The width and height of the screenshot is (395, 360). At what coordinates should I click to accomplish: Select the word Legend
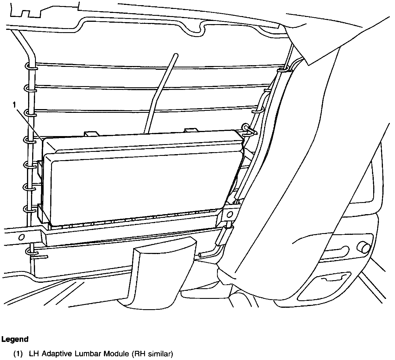click(x=15, y=339)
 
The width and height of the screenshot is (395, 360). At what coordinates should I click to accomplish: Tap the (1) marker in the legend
click(x=18, y=354)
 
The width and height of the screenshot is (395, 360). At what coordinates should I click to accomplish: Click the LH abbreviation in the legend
click(x=34, y=354)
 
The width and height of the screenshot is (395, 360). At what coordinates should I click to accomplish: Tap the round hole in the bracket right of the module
click(x=229, y=214)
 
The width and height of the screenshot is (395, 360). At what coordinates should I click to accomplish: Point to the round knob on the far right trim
click(x=363, y=247)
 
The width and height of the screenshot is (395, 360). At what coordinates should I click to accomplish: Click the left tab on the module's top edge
click(x=91, y=134)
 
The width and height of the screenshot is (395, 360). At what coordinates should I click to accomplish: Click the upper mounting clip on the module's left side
click(x=39, y=171)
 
